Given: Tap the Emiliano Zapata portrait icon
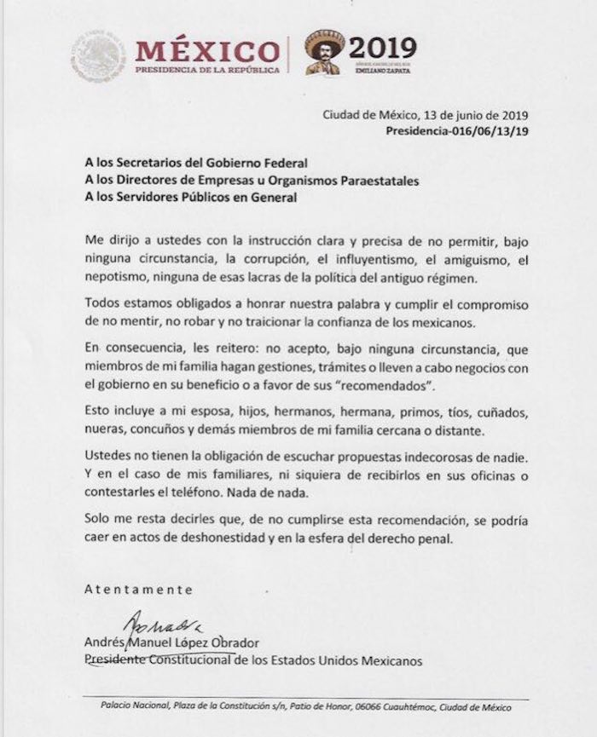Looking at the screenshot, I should coord(323,55).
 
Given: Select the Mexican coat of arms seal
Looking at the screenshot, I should coord(98,55).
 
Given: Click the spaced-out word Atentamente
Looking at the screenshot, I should coord(139,589).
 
